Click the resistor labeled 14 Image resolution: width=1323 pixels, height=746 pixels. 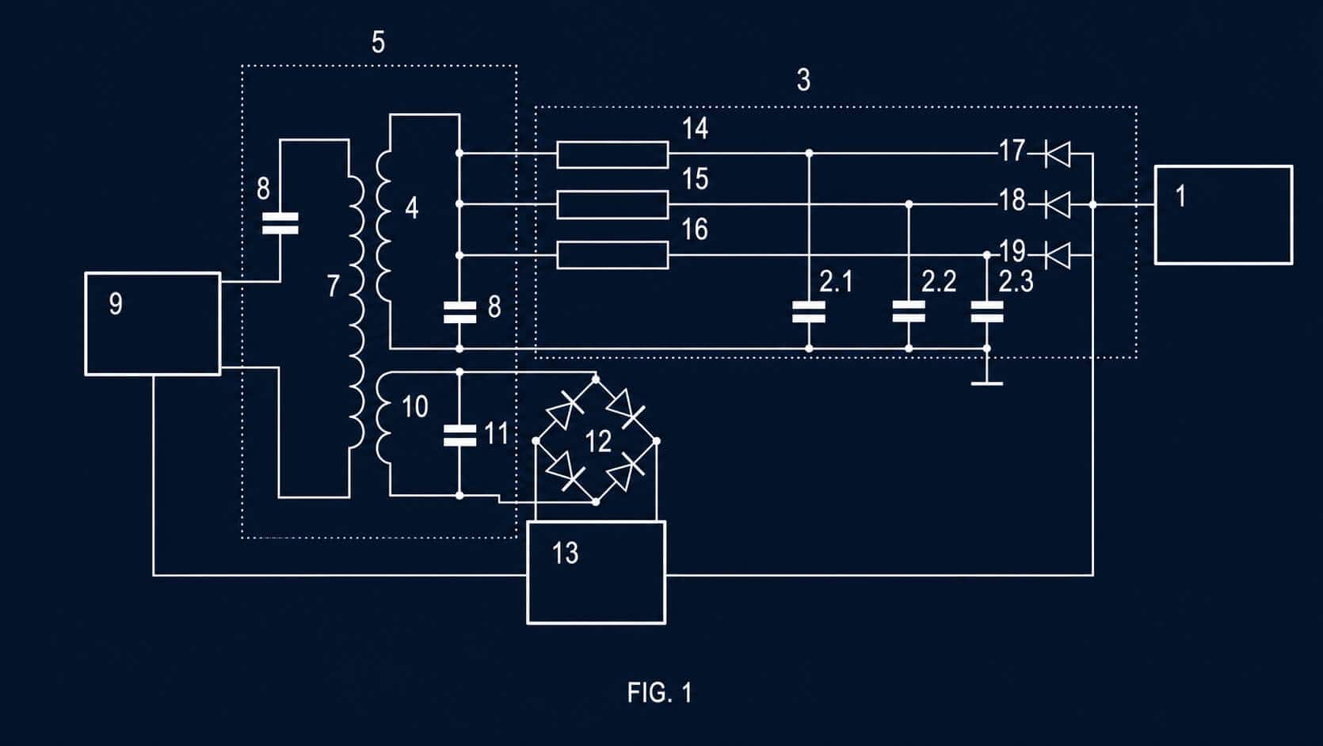pyautogui.click(x=612, y=154)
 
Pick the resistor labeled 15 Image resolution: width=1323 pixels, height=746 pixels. pyautogui.click(x=612, y=205)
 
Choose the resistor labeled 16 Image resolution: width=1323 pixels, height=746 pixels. pyautogui.click(x=612, y=255)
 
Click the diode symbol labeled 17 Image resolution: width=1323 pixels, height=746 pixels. pyautogui.click(x=1058, y=154)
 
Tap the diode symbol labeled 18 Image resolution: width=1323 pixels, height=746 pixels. pyautogui.click(x=1058, y=205)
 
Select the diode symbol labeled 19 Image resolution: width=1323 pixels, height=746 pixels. pyautogui.click(x=1058, y=255)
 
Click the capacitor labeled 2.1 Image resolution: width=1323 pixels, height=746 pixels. pyautogui.click(x=809, y=311)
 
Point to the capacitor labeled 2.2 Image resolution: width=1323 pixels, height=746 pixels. pyautogui.click(x=909, y=311)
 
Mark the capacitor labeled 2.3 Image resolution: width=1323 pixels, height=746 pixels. pyautogui.click(x=987, y=311)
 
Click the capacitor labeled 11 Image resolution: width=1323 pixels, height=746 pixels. pyautogui.click(x=459, y=436)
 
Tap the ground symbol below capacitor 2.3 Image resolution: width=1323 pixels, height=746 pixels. pyautogui.click(x=987, y=383)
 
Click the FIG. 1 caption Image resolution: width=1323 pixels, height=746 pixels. pyautogui.click(x=659, y=692)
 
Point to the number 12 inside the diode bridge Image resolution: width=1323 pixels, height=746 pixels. pyautogui.click(x=598, y=441)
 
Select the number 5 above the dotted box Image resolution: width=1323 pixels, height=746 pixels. pyautogui.click(x=378, y=43)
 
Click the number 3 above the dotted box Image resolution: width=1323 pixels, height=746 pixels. pyautogui.click(x=803, y=80)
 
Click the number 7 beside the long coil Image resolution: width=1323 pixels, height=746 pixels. pyautogui.click(x=334, y=286)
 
